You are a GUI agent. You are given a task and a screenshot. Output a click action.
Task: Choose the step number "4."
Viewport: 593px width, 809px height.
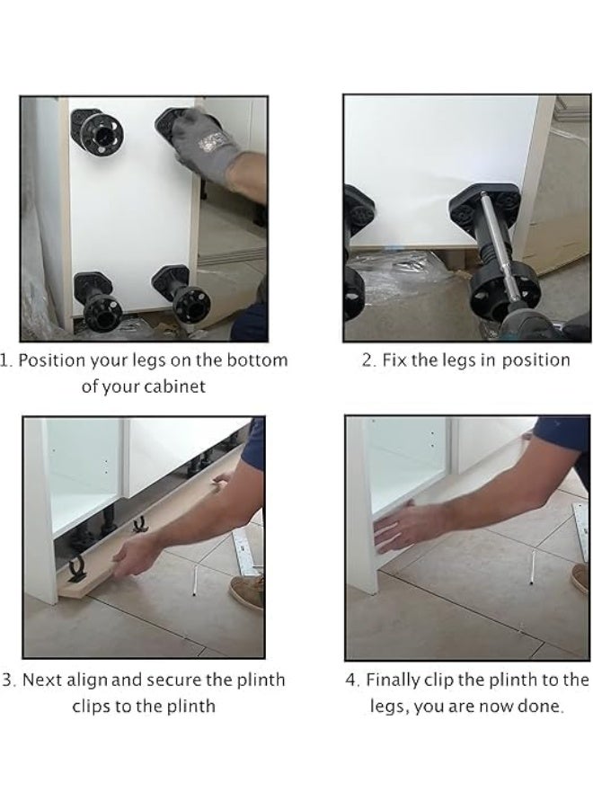(352, 680)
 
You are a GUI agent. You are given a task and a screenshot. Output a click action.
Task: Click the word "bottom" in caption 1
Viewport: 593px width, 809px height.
(256, 360)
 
